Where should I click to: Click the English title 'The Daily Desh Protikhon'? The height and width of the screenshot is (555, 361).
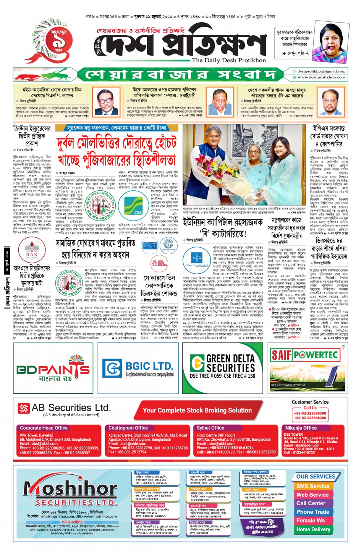pos(229,60)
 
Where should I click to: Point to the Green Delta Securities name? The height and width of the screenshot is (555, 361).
pos(230,363)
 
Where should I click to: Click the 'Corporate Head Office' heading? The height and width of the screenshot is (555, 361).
pos(44,428)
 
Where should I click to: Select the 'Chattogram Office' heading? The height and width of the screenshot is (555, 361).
pos(128,428)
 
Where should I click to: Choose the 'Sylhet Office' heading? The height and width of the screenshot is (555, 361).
pos(210,428)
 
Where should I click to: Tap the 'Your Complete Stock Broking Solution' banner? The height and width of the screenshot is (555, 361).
pos(197,410)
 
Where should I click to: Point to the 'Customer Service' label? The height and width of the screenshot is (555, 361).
pos(310,402)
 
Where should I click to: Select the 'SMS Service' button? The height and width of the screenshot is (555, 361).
pos(312,486)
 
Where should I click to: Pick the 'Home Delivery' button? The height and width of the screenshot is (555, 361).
pos(313,529)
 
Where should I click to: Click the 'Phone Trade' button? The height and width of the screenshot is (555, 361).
pos(312,512)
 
